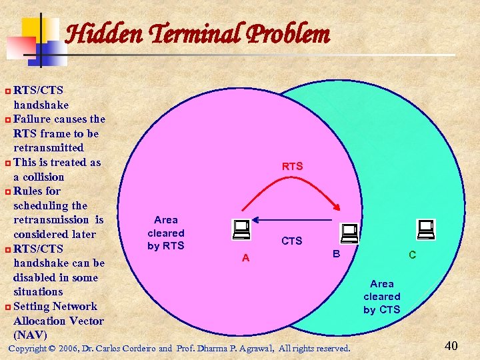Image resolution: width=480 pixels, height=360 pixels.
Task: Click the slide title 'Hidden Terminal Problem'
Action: [198, 33]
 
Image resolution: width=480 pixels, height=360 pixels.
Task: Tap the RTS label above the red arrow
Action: [292, 166]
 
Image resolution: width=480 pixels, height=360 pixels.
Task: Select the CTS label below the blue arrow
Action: [291, 241]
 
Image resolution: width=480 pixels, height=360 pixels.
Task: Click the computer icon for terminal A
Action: [241, 229]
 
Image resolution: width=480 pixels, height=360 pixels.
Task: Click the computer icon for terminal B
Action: [349, 233]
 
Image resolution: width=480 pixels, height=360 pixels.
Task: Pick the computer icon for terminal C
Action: [425, 229]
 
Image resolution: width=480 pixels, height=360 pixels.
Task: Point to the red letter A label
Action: [245, 258]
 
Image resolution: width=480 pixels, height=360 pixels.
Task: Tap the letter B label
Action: [337, 254]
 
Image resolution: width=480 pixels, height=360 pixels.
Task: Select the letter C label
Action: [413, 255]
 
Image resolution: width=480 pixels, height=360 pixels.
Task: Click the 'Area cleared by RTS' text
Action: [166, 233]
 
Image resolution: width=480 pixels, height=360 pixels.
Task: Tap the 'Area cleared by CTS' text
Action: [382, 297]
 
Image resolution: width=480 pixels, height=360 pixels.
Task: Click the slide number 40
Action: [451, 345]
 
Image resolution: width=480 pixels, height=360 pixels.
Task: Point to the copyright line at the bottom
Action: [179, 348]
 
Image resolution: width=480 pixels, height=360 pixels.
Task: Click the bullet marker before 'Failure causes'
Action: [7, 119]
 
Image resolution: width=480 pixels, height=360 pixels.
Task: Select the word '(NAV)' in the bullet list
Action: [30, 335]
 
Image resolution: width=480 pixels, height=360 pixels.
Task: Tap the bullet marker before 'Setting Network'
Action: [7, 307]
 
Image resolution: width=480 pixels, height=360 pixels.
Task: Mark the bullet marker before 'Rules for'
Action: [7, 191]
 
